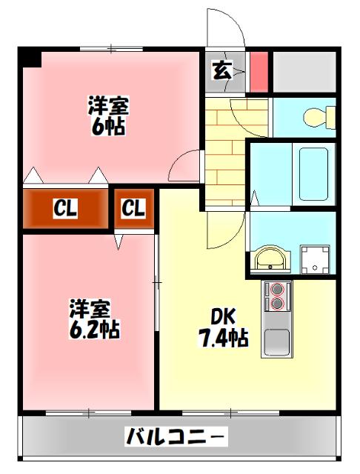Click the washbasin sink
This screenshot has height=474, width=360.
coord(269,259)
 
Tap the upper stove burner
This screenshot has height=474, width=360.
coord(277,289)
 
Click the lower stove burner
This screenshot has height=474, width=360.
coord(277,304)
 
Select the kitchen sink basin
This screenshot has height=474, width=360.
coord(278,341)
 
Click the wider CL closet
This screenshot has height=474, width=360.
coord(65,210)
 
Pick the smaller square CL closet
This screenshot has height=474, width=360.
coord(133,209)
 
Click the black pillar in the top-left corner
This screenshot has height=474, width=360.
coord(29,57)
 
